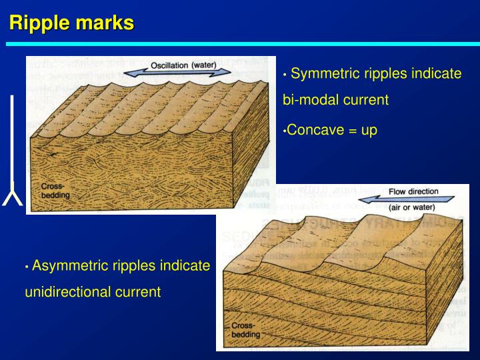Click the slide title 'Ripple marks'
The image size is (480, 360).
coord(71,23)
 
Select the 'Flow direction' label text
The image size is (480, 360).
coord(413,191)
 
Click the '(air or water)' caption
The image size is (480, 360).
coord(413,207)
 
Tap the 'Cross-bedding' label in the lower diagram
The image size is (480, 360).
coord(246,329)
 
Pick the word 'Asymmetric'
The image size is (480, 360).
coord(71,266)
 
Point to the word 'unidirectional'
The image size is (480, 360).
coord(66,292)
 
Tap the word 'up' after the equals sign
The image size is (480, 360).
coord(369,129)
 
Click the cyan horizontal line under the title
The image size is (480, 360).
coord(240,44)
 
